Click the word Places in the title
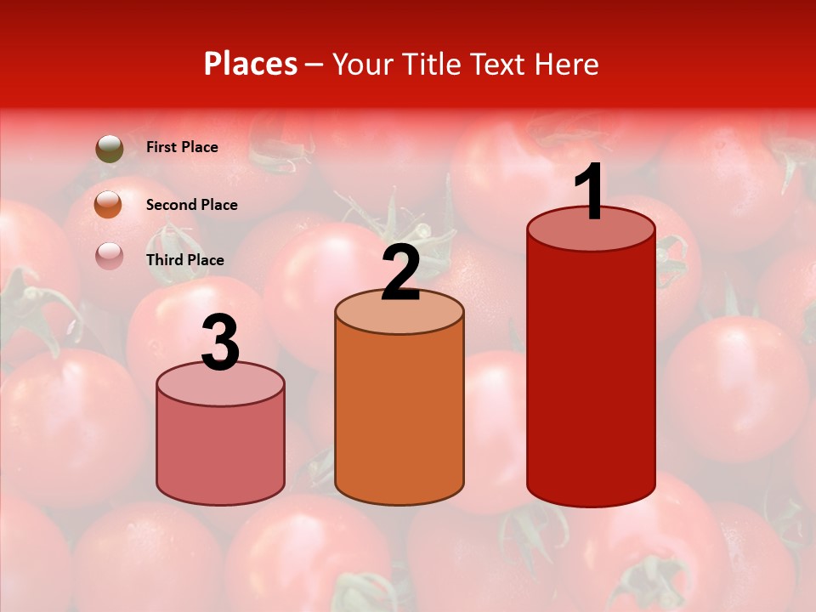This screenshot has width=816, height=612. (251, 64)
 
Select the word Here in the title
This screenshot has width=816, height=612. (567, 64)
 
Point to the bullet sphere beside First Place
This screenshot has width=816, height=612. (110, 149)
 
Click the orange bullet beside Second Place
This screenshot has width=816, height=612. (109, 205)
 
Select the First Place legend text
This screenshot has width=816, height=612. (182, 147)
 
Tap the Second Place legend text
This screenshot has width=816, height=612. (191, 205)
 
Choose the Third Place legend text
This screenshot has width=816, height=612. (185, 260)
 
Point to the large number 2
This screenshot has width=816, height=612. (400, 272)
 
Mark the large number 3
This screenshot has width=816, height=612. (221, 343)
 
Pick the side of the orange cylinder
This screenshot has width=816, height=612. (399, 416)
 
